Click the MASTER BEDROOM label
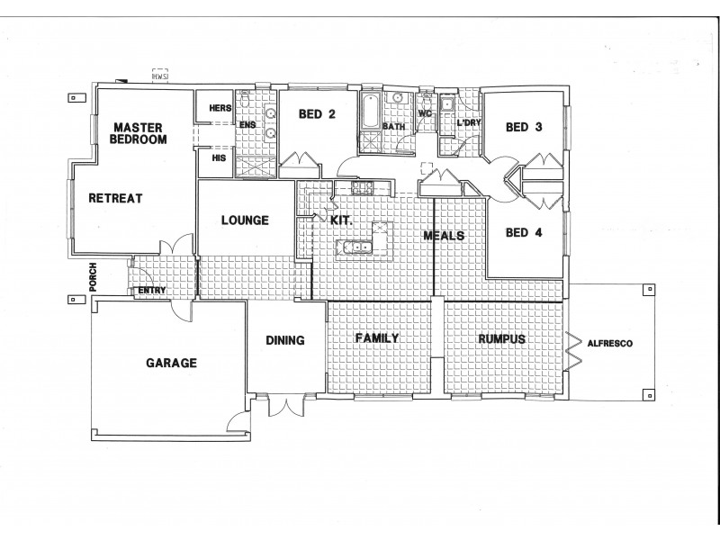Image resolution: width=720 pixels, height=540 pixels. (x=137, y=133)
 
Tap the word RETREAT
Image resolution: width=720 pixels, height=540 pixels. (x=114, y=198)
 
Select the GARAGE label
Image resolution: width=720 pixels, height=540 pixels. (x=171, y=364)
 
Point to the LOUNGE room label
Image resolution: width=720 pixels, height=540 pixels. (x=244, y=219)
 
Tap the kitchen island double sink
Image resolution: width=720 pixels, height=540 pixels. (x=358, y=247)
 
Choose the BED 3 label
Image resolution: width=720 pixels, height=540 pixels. (x=523, y=127)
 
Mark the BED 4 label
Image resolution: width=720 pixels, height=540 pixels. (x=523, y=232)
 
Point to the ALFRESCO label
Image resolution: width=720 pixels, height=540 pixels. (x=609, y=344)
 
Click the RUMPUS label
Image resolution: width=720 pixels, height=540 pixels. (x=501, y=338)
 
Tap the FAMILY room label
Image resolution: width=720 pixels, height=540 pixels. (x=376, y=337)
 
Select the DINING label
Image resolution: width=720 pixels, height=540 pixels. (x=285, y=341)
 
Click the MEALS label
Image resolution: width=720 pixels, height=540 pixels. (x=445, y=236)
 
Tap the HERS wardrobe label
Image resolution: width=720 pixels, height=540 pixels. (x=220, y=108)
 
